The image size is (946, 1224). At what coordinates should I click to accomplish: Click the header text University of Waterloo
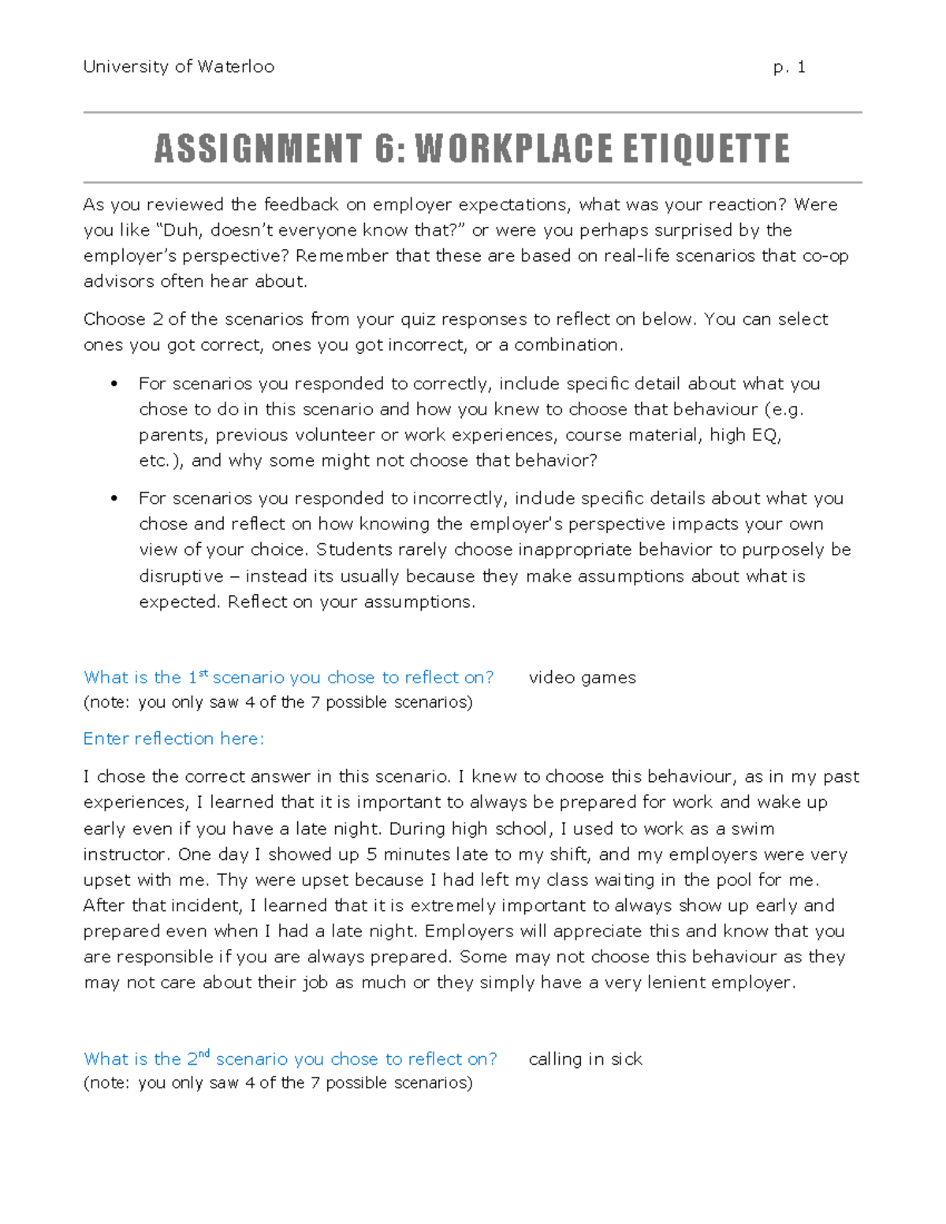tap(179, 67)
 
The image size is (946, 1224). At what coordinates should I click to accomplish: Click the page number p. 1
tap(789, 67)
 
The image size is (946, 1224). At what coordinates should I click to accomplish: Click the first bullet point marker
tap(114, 384)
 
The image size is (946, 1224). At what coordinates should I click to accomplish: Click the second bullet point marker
tap(114, 498)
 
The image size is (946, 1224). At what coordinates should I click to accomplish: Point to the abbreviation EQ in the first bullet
tap(765, 435)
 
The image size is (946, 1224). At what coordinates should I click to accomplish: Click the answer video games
tap(582, 678)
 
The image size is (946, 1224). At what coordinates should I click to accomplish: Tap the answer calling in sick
tap(585, 1059)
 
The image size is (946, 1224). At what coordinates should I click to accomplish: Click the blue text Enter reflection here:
tap(173, 738)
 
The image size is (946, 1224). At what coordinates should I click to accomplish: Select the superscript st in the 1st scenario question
tap(203, 673)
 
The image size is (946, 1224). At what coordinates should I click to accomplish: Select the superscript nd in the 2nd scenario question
tap(204, 1054)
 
